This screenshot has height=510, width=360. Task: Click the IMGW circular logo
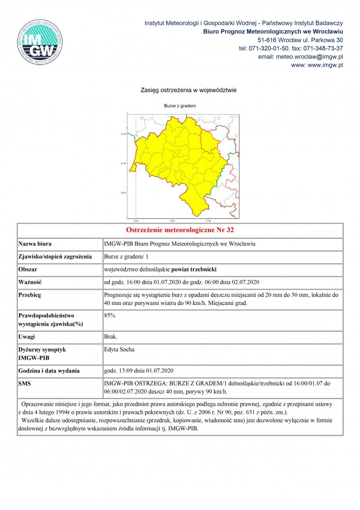point(41,42)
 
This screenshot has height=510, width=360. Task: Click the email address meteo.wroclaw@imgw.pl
point(300,56)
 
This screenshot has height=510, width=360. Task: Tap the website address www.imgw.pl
point(317,65)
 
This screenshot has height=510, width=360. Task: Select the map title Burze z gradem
point(180,106)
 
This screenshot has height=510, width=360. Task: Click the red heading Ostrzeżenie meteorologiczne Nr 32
point(180,231)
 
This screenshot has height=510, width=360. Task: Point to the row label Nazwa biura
point(35,244)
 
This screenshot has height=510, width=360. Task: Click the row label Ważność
point(31,282)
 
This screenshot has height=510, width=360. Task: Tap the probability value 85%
point(110,315)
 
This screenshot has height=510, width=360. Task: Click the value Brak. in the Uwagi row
point(111,337)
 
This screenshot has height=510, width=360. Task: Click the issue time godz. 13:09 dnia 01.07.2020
point(139,370)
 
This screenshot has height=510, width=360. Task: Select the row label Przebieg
point(30,294)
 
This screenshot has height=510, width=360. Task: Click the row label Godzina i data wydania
point(49,370)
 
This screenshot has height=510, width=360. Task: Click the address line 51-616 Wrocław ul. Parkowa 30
point(300,40)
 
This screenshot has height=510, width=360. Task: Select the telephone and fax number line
point(291,48)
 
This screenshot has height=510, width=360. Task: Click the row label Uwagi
point(27,337)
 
